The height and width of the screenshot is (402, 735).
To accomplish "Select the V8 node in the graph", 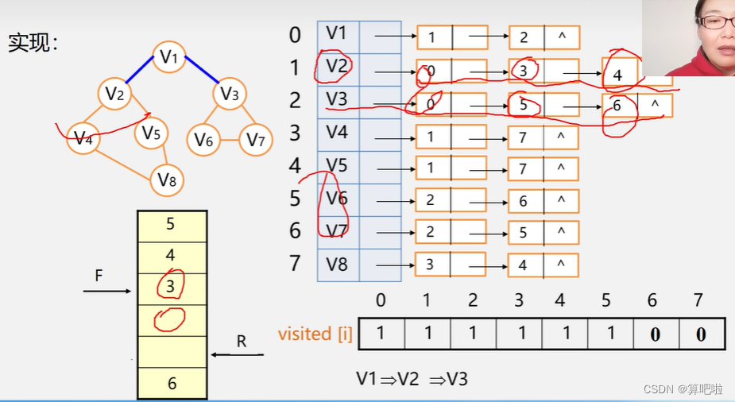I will (167, 180).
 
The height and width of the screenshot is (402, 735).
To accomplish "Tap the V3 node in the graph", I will (230, 95).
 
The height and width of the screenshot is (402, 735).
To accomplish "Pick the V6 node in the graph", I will (204, 141).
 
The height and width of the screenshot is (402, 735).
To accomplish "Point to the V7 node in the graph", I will (255, 141).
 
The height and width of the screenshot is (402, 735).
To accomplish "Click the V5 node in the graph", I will (151, 133).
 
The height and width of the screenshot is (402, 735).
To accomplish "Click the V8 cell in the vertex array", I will (338, 263).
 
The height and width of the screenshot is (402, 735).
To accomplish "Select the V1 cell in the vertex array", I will (338, 33).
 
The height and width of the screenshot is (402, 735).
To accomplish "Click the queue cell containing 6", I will (172, 384).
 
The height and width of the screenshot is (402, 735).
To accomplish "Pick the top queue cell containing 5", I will (172, 224).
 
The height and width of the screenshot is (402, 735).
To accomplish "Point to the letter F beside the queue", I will (99, 276).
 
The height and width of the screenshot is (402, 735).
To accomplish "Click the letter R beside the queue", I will (242, 342).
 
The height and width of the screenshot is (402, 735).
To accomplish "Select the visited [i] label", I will (315, 334).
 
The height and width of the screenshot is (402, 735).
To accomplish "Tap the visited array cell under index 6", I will (655, 334).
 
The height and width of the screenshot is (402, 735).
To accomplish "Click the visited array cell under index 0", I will (381, 334).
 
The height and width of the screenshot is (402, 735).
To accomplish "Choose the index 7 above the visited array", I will (698, 300).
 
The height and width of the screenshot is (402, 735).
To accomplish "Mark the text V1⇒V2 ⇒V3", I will (412, 379).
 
